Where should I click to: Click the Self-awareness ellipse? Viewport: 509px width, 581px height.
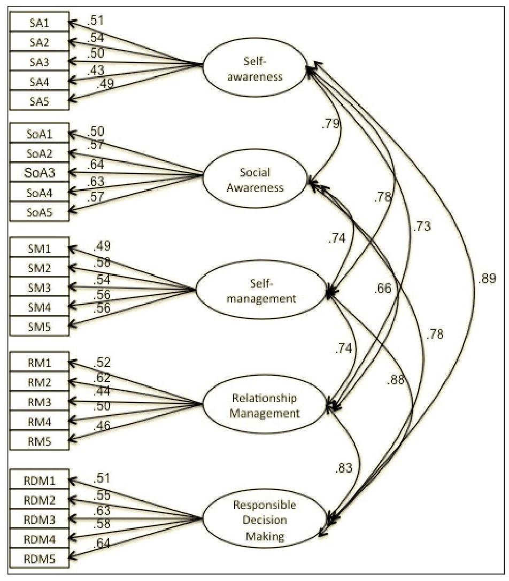(x=254, y=68)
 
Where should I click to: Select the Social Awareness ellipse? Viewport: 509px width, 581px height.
(x=255, y=180)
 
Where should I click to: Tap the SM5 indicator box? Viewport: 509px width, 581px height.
(x=39, y=326)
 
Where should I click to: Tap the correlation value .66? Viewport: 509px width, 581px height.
(x=382, y=289)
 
